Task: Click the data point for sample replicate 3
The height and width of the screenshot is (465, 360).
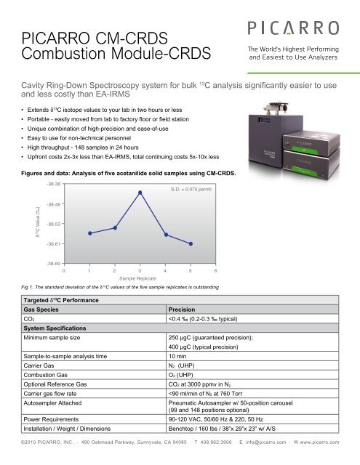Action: tap(140, 192)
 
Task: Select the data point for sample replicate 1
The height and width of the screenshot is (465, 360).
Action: tap(89, 233)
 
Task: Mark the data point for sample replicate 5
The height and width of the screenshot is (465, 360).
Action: tap(191, 243)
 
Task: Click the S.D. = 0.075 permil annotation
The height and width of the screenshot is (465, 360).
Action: tap(189, 188)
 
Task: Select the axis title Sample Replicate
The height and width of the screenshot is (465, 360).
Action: tap(139, 278)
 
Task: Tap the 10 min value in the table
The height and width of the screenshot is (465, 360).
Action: tap(178, 357)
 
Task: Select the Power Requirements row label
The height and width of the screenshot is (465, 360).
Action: tap(57, 418)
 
